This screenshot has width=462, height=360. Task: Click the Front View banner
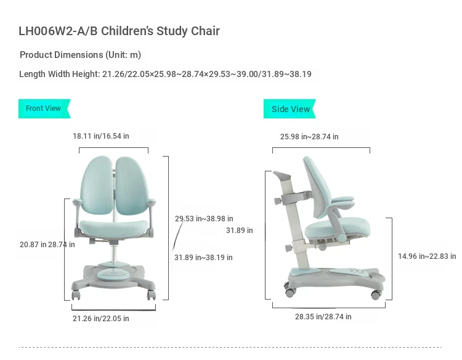(44, 108)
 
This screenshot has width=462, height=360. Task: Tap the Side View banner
(290, 108)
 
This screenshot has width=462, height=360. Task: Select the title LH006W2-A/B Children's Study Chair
(119, 31)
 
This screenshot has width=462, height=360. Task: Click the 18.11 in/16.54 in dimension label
(101, 136)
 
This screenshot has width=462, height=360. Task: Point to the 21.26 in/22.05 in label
(101, 319)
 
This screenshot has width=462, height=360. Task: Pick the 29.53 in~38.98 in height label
(204, 219)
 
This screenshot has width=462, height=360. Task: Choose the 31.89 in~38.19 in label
(203, 258)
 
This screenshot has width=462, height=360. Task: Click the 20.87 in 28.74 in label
(47, 245)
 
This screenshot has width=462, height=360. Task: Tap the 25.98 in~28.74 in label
(309, 136)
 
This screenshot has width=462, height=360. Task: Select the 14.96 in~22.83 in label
(427, 256)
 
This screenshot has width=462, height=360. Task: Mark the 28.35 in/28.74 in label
(323, 317)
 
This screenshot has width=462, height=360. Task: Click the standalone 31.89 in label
(239, 231)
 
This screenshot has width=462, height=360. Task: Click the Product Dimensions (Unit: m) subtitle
(80, 55)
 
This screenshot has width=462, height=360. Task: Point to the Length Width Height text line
(165, 74)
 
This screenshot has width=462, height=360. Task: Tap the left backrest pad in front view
(97, 185)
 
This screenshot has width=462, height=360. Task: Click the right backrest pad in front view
(131, 186)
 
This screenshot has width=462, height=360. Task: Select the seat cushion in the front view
(113, 228)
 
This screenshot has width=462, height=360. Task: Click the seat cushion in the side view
(337, 227)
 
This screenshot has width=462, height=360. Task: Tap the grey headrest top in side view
(282, 176)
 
